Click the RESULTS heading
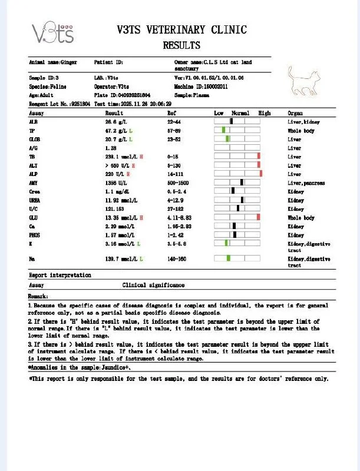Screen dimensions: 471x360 (181, 45)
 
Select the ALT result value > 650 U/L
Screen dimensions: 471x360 (122, 165)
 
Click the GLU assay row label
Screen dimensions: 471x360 (34, 217)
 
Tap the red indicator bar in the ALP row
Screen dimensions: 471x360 (260, 174)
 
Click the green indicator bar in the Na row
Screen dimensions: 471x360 (228, 258)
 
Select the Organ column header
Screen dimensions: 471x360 (295, 112)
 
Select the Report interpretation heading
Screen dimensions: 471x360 (60, 275)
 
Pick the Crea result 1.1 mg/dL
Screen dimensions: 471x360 (118, 191)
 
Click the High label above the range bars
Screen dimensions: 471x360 (265, 112)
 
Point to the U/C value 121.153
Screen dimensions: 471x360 (116, 208)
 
